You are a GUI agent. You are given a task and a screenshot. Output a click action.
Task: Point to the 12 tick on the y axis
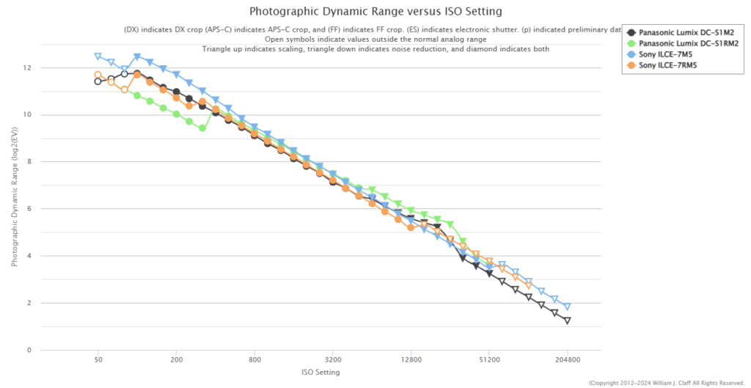tap(27, 67)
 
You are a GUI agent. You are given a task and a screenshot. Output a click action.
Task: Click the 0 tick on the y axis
tap(29, 350)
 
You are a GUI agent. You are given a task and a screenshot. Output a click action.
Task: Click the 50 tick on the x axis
tap(98, 361)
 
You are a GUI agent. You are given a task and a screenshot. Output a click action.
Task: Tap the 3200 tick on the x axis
tap(333, 361)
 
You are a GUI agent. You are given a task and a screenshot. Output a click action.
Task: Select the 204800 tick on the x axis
tap(568, 361)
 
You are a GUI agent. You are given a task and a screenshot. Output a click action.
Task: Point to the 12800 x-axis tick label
tap(411, 361)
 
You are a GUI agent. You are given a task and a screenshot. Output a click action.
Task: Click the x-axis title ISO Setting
tap(320, 373)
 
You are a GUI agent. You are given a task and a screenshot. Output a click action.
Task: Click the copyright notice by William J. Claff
tap(667, 383)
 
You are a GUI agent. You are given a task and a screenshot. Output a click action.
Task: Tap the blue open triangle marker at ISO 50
tap(98, 56)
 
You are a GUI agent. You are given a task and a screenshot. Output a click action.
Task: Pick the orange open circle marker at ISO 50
tap(98, 75)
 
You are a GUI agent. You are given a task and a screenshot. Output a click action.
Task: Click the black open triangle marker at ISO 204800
tap(568, 321)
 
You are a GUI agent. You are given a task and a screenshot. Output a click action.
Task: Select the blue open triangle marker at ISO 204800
tap(568, 307)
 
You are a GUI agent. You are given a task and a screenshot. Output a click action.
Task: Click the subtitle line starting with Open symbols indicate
tap(375, 39)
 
